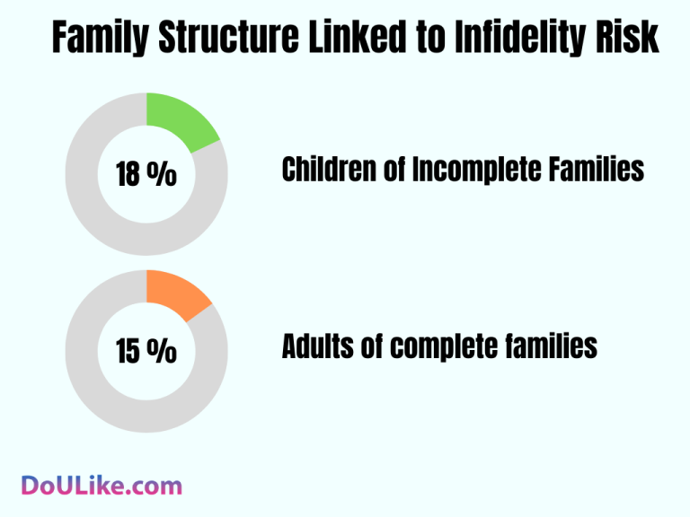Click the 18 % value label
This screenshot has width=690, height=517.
(x=146, y=174)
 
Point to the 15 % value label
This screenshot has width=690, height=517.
(x=146, y=351)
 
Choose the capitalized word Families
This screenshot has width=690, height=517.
(x=600, y=169)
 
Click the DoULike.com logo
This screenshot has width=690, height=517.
(x=101, y=486)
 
